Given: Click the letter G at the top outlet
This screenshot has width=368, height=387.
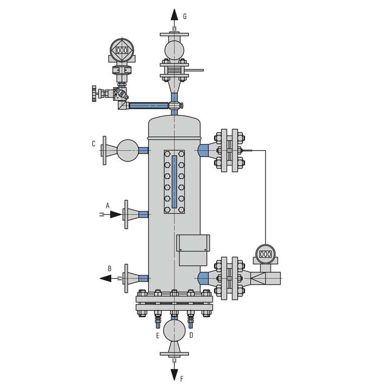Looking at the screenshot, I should pyautogui.click(x=185, y=17).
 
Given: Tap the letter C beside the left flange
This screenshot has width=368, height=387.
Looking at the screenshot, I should pyautogui.click(x=94, y=144).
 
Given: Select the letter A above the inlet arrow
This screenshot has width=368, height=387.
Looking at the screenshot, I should pyautogui.click(x=107, y=205).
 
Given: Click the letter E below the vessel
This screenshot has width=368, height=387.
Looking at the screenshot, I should pyautogui.click(x=158, y=335).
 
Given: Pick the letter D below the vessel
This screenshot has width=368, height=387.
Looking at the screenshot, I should pyautogui.click(x=191, y=335).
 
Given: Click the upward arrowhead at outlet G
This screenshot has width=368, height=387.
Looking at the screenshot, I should pyautogui.click(x=174, y=15).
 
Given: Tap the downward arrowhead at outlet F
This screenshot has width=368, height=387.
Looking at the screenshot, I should pyautogui.click(x=174, y=374).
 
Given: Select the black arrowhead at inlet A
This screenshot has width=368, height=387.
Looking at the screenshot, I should pyautogui.click(x=116, y=215).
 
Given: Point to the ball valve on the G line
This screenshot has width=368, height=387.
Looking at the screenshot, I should pyautogui.click(x=174, y=50).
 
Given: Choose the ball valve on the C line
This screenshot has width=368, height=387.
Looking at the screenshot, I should pyautogui.click(x=128, y=150).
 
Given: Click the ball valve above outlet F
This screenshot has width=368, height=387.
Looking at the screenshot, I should pyautogui.click(x=174, y=330).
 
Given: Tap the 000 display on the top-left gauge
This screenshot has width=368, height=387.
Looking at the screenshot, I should pyautogui.click(x=122, y=51).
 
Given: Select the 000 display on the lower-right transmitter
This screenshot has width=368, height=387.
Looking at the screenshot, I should pyautogui.click(x=265, y=254).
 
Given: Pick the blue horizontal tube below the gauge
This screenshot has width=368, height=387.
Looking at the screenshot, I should pyautogui.click(x=149, y=105).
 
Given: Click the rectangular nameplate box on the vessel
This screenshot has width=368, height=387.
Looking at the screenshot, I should pyautogui.click(x=193, y=250).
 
